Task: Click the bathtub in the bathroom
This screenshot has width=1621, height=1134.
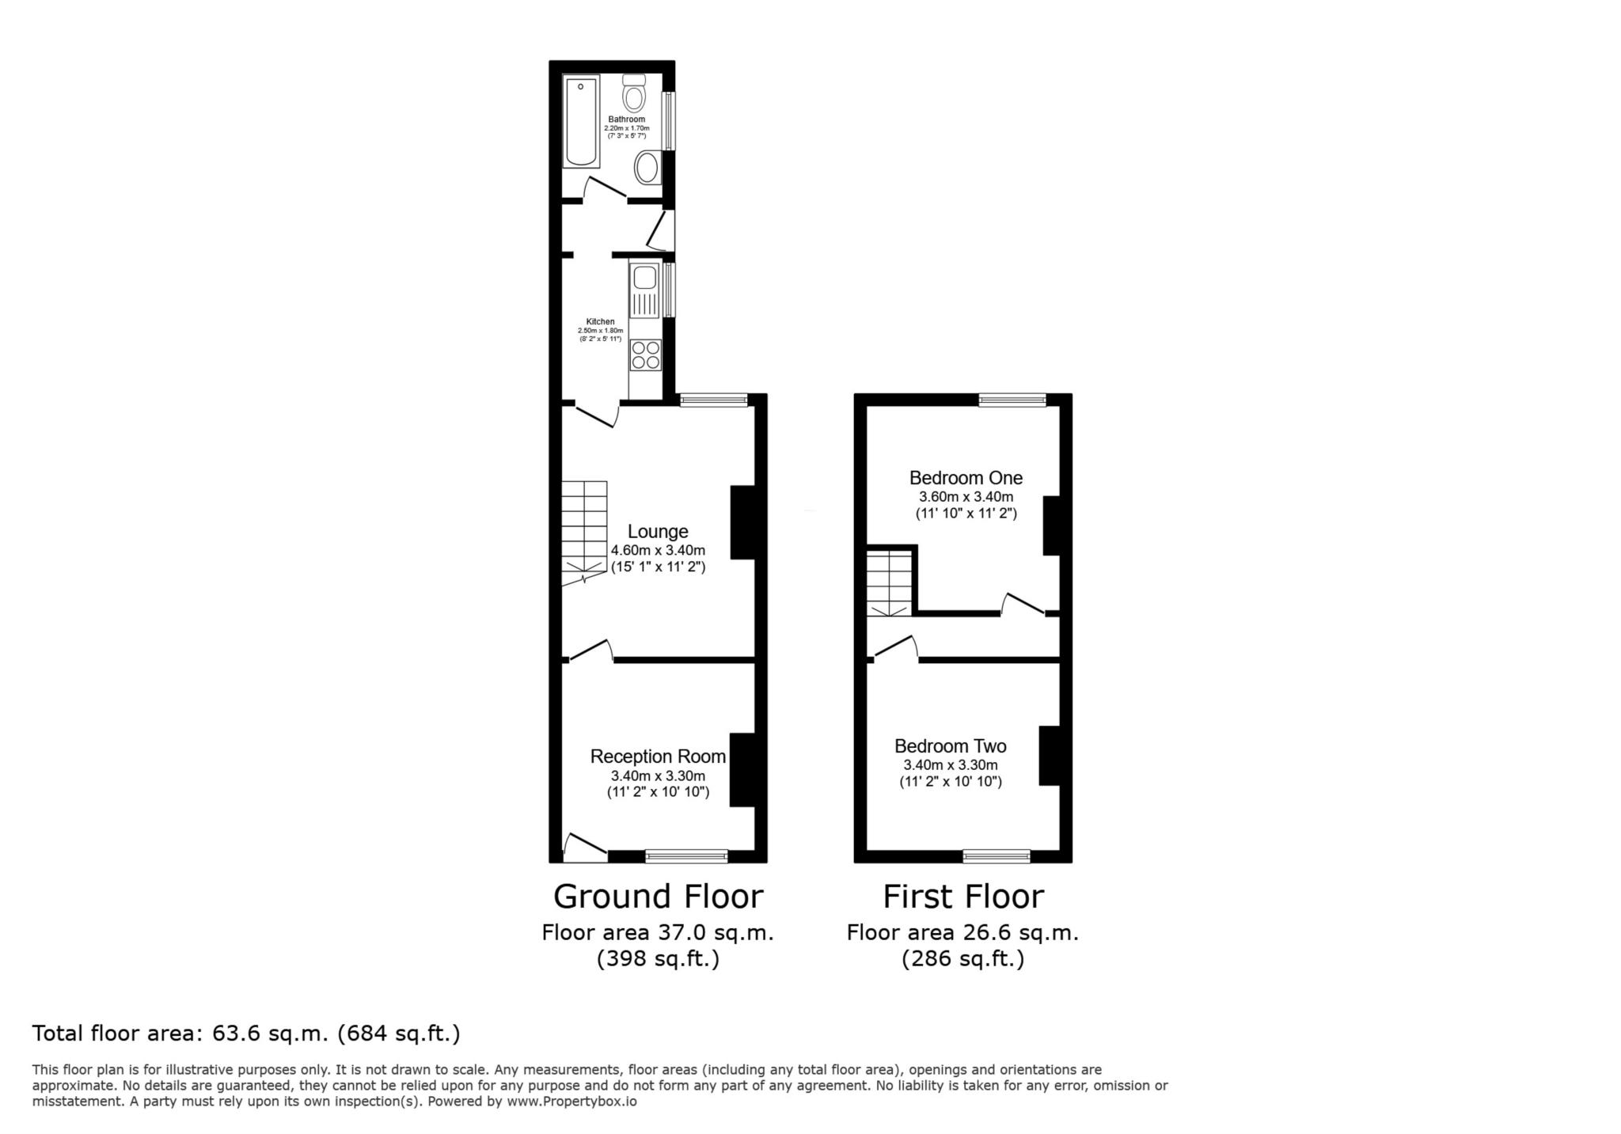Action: (581, 122)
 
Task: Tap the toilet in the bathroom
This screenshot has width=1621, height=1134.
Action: (633, 93)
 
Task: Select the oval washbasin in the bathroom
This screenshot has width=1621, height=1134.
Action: (648, 168)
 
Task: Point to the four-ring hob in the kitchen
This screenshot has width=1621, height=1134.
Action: (646, 355)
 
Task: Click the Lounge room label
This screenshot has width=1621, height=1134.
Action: (658, 532)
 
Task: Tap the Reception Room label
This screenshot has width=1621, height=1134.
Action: (658, 757)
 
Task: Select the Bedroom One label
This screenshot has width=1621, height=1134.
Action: (966, 478)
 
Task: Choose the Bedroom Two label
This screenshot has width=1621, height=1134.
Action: (951, 746)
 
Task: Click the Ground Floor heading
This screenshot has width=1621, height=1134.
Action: (658, 897)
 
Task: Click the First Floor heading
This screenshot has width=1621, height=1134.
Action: (963, 897)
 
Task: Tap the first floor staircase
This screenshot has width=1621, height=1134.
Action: (890, 583)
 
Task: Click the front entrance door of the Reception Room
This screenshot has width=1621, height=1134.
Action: (585, 848)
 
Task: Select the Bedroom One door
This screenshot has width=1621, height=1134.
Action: (1023, 604)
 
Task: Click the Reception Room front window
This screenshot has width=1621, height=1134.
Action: (686, 855)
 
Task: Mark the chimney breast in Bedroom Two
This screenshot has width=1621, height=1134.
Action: (1049, 756)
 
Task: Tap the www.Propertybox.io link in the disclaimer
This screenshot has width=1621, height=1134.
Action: (571, 1101)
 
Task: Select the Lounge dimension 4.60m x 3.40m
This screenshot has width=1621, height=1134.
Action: (658, 551)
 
